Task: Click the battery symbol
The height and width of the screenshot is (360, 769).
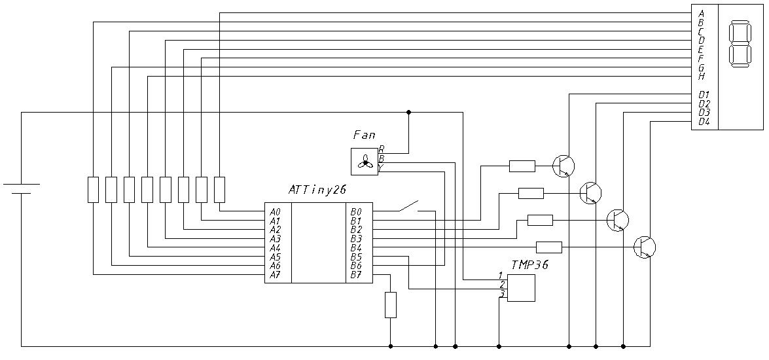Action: point(22,189)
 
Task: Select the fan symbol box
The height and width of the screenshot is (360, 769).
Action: point(365,162)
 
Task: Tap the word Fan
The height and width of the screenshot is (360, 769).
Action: point(364,135)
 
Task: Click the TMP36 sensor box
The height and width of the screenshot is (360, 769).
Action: point(521,288)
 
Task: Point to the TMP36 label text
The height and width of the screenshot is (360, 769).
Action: point(529,265)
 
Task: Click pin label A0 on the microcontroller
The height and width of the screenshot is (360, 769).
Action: point(276,212)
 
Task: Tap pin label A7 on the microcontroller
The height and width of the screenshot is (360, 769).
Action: point(276,275)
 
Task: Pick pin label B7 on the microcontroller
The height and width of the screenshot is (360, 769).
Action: point(356,275)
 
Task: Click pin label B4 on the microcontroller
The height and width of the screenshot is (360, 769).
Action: point(356,248)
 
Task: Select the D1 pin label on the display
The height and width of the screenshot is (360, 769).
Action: point(704,95)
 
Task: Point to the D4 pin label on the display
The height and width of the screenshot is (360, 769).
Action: point(704,122)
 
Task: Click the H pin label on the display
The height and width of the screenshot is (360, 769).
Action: point(702,76)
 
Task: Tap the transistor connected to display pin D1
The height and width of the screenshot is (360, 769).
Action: point(563,166)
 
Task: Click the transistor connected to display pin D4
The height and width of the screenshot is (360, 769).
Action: point(645,247)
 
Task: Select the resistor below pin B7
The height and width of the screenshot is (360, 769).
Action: point(391,305)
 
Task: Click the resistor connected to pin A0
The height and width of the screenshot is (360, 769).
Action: point(219,189)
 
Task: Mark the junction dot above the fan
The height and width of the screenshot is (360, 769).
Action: point(409,112)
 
